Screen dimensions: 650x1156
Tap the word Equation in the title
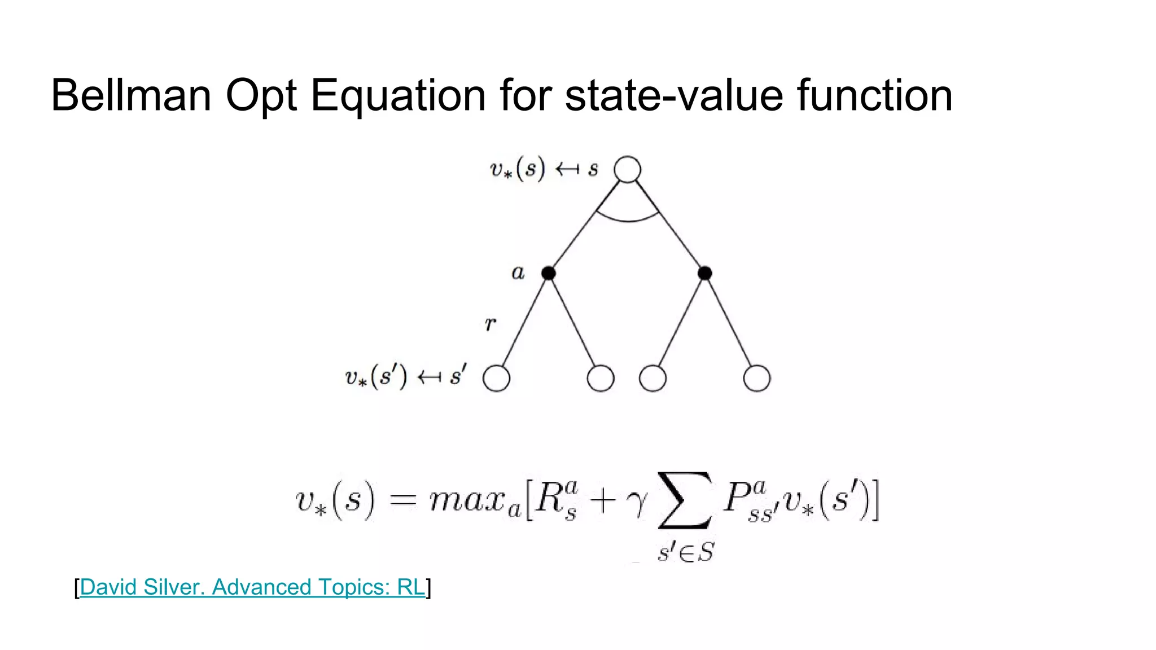pos(398,96)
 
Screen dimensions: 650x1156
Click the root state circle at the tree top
pos(627,169)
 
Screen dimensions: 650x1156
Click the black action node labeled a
pos(548,273)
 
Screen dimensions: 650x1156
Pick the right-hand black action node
pos(704,273)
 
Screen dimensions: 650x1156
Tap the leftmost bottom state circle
pos(496,378)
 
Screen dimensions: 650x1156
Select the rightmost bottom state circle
pos(756,378)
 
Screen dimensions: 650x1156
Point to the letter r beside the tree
pos(490,324)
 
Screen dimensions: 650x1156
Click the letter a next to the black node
pos(518,273)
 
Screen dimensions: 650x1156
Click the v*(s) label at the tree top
pos(517,169)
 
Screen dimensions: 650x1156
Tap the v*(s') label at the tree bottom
pos(375,377)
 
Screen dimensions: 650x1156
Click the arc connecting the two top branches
pos(628,219)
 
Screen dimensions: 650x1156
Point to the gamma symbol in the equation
pos(637,502)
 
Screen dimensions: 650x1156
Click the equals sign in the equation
pos(402,500)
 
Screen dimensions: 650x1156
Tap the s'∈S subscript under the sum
pos(685,552)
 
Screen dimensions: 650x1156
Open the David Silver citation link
pos(252,587)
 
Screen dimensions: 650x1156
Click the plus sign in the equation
pos(602,500)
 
